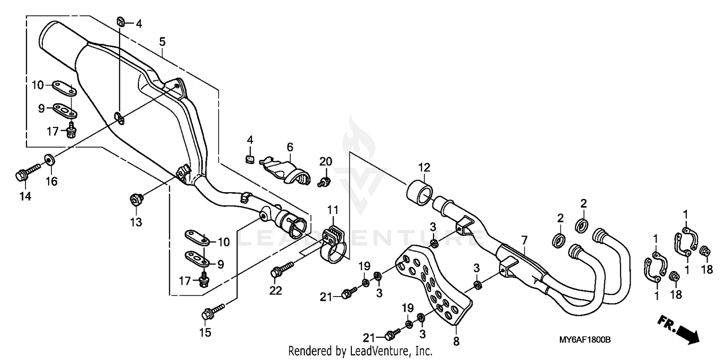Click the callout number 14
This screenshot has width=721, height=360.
tap(25, 196)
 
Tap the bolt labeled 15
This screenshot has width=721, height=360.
tap(213, 310)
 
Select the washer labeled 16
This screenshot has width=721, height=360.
tap(49, 158)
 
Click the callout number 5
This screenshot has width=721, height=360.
tap(162, 42)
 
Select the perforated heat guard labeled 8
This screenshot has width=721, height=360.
tap(433, 288)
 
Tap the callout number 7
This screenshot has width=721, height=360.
tap(523, 239)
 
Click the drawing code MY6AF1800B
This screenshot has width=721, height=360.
tap(584, 340)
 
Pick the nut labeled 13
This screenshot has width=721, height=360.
tap(135, 198)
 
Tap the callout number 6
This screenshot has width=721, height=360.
tap(290, 147)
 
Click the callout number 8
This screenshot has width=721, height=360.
tap(456, 342)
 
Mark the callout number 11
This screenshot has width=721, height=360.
tap(333, 210)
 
